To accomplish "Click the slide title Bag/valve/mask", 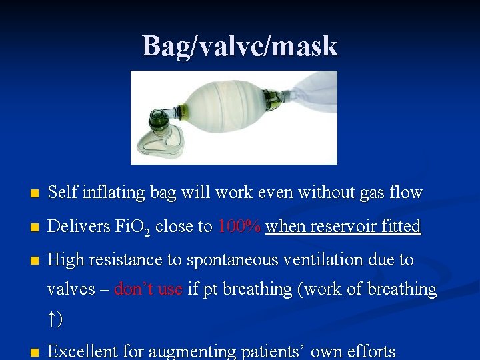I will click(x=240, y=46).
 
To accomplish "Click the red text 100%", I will click(x=239, y=226).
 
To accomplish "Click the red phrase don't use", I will click(x=148, y=289).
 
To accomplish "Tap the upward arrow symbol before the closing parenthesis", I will click(x=52, y=321).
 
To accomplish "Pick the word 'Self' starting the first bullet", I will click(x=59, y=193).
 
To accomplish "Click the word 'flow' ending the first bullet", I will click(x=407, y=193).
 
